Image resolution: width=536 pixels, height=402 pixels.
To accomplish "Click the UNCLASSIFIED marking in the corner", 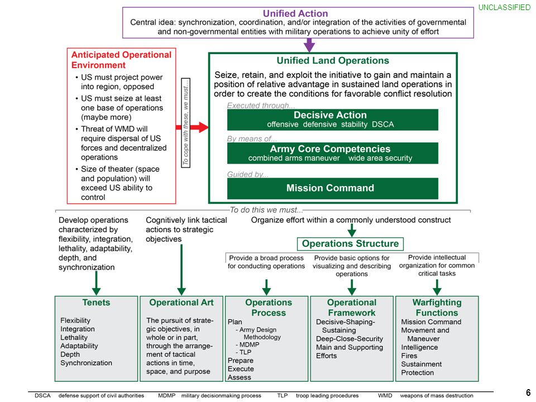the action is coord(504,7).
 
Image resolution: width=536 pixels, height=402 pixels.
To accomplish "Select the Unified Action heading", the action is coord(295,13).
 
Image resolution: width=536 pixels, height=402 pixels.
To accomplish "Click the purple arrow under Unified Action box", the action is coord(309,45).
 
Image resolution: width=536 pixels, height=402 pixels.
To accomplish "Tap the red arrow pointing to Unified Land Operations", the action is coord(192,127).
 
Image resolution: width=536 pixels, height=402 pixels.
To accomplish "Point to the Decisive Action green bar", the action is coord(333,119).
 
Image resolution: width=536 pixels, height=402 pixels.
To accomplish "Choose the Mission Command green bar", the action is coord(333,188).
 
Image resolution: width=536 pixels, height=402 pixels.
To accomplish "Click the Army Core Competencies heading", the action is coord(330,149).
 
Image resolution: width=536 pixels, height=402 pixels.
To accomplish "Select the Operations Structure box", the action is coord(351,244).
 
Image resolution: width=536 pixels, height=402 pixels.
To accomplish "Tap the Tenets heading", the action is coord(96,303).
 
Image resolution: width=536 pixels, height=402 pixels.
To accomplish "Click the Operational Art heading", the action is coord(181,303).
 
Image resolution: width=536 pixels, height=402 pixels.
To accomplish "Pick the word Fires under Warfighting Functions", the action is coord(409,356).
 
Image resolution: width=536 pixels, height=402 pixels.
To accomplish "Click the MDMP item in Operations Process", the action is coord(249,344).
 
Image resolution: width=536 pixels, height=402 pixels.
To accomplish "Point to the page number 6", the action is coord(528,392).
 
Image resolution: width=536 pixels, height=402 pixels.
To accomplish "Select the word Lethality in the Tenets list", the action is coord(74,337).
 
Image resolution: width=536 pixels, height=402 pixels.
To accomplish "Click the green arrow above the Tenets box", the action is coord(97,283).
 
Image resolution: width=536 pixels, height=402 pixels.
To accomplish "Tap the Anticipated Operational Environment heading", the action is coord(121,60).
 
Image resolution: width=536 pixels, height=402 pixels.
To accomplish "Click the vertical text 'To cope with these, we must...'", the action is coord(185,123).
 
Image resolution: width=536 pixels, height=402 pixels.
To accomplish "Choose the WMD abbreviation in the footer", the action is coord(385,395).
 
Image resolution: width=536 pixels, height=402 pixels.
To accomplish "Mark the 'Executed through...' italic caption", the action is coord(261,106).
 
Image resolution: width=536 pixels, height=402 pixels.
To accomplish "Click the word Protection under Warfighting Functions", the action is coord(418,372).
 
